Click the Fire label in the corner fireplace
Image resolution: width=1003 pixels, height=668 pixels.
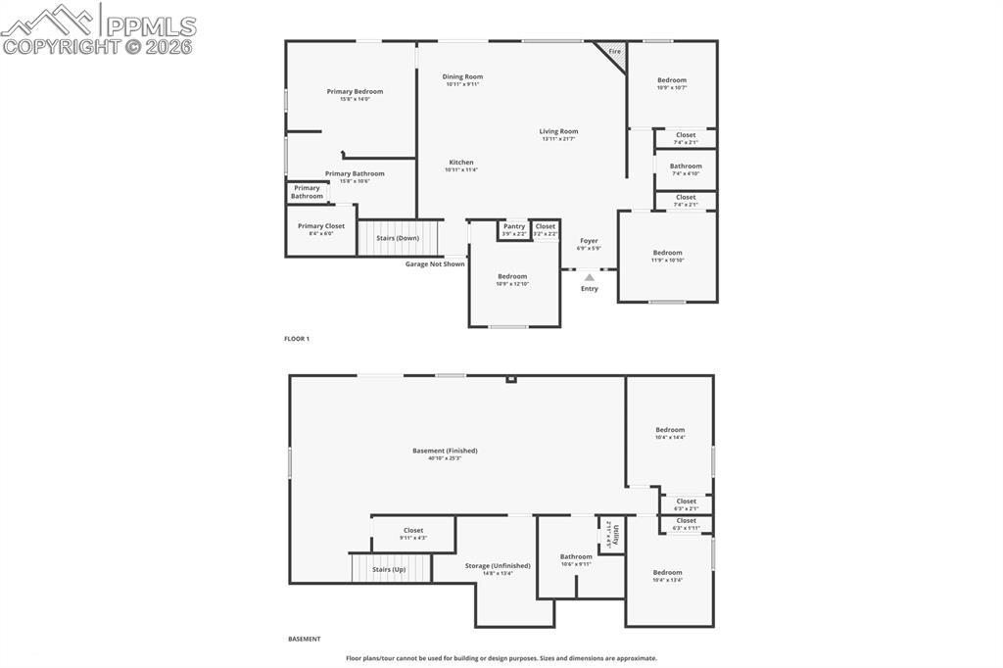coord(614,51)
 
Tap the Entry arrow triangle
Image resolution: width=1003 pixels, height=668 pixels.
coord(590,278)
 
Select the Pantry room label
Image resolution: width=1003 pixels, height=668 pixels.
coord(514,226)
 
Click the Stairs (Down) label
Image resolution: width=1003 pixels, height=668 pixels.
coord(398,238)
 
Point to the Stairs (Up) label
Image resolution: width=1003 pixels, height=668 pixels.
coord(390,569)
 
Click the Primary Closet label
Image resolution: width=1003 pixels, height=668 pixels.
coord(321,226)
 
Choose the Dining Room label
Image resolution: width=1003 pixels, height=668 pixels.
coord(462,76)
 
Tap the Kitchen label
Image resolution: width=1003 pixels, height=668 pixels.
coord(461,163)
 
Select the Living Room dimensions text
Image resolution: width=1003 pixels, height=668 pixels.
coord(558,139)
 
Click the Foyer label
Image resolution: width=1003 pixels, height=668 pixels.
coord(589,241)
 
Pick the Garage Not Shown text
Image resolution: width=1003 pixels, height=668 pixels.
coord(435,263)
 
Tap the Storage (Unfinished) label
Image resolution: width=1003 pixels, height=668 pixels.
coord(498,565)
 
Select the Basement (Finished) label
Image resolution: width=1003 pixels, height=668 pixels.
coord(445,451)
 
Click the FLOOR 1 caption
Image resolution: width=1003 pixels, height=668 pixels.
coord(297,339)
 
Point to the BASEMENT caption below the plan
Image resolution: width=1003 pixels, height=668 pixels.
coord(304,639)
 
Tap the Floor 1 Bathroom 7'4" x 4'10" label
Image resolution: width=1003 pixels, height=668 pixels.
coord(686,167)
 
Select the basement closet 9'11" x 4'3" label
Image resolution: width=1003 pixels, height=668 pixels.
coord(413,530)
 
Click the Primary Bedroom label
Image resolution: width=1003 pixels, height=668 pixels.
coord(355,91)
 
